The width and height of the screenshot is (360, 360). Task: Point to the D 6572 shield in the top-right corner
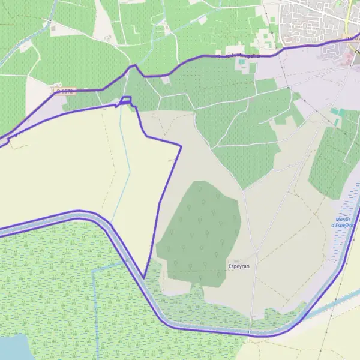[353, 38]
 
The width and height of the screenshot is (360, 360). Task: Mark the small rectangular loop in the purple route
[126, 100]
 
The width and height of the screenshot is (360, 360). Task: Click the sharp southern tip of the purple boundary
[144, 278]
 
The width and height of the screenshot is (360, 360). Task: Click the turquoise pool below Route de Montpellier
[242, 61]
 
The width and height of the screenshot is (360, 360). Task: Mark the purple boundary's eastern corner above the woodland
[181, 145]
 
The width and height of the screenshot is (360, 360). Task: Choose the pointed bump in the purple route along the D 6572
[134, 65]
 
